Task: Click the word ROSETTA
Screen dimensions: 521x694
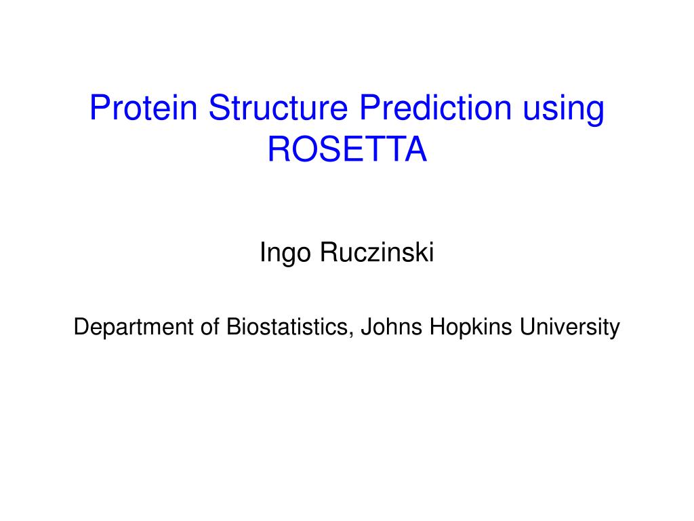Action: pyautogui.click(x=347, y=150)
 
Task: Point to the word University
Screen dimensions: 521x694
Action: pyautogui.click(x=570, y=328)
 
